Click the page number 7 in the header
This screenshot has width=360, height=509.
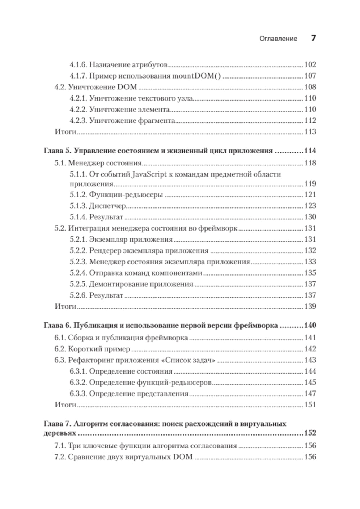(x=313, y=38)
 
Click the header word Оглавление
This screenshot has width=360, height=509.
(x=278, y=39)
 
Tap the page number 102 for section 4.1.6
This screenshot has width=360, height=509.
(x=310, y=65)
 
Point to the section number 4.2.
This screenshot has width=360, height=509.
(x=60, y=87)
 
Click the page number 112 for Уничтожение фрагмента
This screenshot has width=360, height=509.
(x=310, y=121)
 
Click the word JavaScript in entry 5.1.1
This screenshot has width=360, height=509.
(x=149, y=174)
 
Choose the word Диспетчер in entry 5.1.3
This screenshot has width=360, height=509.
(x=108, y=206)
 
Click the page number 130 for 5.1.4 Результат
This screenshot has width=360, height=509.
(x=310, y=217)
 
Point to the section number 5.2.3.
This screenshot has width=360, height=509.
(x=78, y=262)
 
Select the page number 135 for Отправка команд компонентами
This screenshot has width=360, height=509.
(x=310, y=273)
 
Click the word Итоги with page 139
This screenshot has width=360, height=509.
(x=66, y=307)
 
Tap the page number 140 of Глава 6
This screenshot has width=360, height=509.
(x=310, y=326)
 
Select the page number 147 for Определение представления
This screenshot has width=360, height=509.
(x=310, y=394)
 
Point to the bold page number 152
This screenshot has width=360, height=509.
(x=310, y=433)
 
